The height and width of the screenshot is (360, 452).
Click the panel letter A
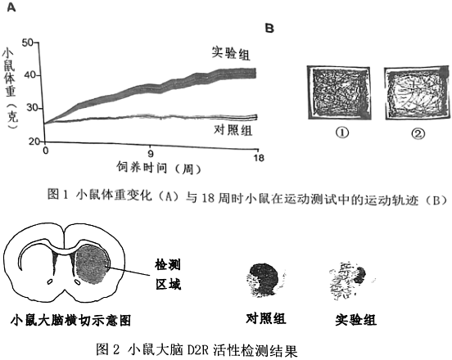tap(11, 7)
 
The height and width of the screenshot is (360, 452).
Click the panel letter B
tap(269, 28)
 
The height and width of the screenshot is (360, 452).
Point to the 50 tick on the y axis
tap(28, 43)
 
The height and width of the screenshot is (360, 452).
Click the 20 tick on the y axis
tap(34, 142)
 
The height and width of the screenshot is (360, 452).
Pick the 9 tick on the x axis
tap(151, 154)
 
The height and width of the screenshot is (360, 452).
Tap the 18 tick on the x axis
tap(258, 158)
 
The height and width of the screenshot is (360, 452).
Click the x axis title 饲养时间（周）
tap(159, 168)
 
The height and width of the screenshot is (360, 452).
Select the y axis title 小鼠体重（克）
tap(10, 89)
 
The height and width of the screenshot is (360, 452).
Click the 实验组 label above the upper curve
tap(231, 53)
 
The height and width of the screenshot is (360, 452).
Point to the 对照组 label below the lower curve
tap(233, 130)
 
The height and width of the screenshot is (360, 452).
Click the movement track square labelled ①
tap(339, 92)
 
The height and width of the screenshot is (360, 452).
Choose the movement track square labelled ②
tap(417, 93)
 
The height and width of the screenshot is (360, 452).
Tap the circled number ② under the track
tap(418, 133)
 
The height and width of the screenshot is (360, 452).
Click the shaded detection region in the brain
tap(92, 264)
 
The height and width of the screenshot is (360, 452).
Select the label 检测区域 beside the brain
tap(168, 274)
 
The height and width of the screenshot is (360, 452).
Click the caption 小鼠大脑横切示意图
tap(71, 320)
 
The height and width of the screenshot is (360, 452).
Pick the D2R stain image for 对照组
tap(264, 280)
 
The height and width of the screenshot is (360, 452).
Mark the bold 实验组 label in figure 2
tap(355, 320)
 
